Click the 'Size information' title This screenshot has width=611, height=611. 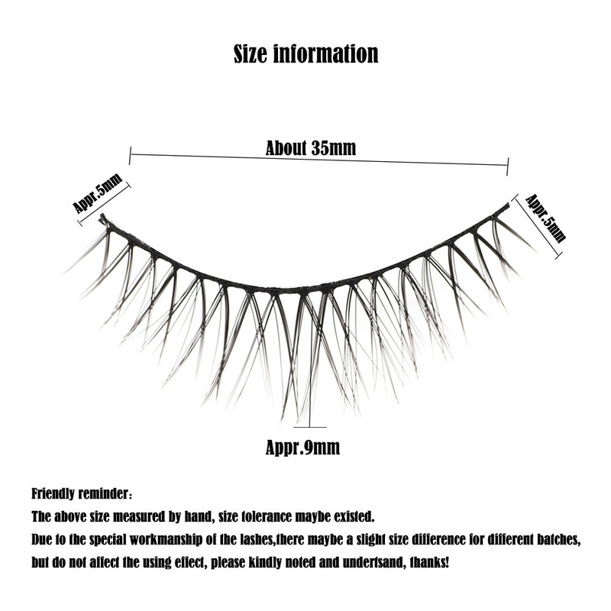pyautogui.click(x=306, y=53)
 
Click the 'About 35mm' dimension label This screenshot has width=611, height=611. pyautogui.click(x=311, y=148)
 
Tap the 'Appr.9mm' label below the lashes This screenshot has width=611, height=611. pyautogui.click(x=302, y=448)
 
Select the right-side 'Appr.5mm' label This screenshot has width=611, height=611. pyautogui.click(x=545, y=218)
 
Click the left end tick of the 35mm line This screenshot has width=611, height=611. pyautogui.click(x=130, y=156)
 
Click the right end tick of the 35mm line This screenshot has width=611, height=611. pyautogui.click(x=508, y=166)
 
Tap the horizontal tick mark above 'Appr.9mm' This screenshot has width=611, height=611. pyautogui.click(x=310, y=427)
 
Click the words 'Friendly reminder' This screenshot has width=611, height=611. pyautogui.click(x=79, y=493)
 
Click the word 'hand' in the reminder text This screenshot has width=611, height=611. pyautogui.click(x=198, y=517)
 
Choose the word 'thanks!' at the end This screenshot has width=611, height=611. pyautogui.click(x=429, y=562)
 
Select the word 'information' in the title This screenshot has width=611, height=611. pyautogui.click(x=326, y=53)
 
